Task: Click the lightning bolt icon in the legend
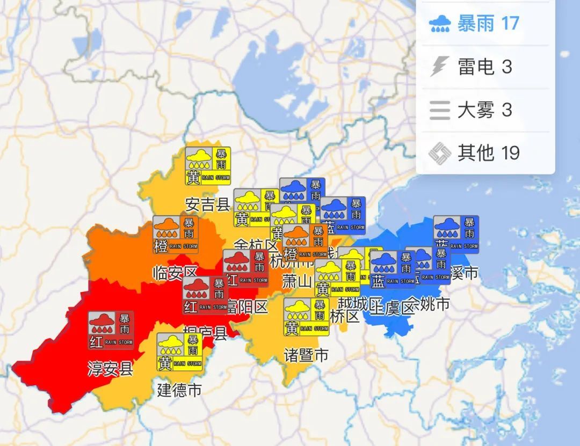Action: pyautogui.click(x=439, y=67)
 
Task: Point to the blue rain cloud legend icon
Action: pyautogui.click(x=440, y=24)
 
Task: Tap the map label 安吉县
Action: pyautogui.click(x=208, y=204)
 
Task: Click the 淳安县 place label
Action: pyautogui.click(x=110, y=369)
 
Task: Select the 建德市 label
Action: pyautogui.click(x=179, y=390)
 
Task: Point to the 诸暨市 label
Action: pyautogui.click(x=306, y=355)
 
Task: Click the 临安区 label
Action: pyautogui.click(x=175, y=272)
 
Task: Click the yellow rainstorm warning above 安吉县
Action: pyautogui.click(x=208, y=166)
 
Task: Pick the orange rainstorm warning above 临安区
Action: pyautogui.click(x=175, y=235)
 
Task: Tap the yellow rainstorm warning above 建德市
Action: pyautogui.click(x=179, y=352)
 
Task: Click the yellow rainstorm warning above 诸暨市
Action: pyautogui.click(x=306, y=317)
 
